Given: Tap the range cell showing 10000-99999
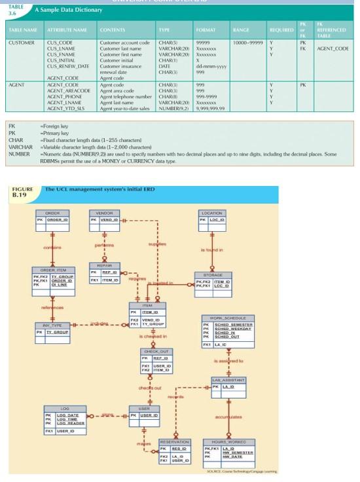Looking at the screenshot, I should (x=245, y=42).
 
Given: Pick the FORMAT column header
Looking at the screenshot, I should (x=200, y=30).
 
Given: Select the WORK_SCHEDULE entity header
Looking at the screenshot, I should (x=226, y=318).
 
